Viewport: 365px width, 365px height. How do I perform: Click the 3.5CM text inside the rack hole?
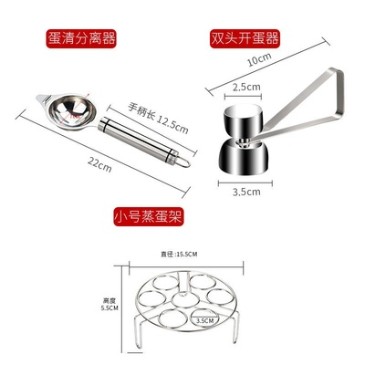tap(206, 321)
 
